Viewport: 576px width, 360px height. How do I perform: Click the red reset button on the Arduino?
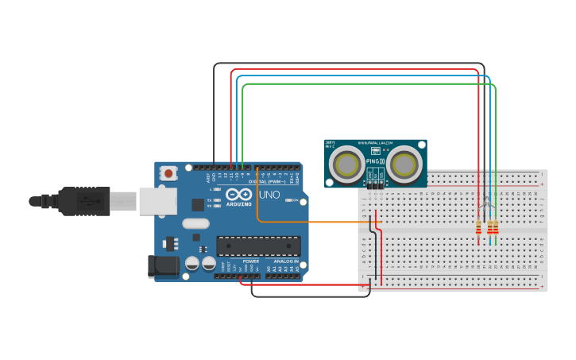click(168, 172)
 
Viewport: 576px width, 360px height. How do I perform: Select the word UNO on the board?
click(270, 195)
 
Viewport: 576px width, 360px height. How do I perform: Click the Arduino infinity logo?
click(238, 194)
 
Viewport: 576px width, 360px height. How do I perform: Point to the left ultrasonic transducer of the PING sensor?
click(346, 164)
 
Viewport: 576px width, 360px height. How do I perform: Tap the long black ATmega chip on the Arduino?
click(259, 246)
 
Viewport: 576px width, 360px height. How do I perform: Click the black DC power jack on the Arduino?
click(164, 267)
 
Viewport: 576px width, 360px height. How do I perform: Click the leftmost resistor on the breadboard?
click(478, 230)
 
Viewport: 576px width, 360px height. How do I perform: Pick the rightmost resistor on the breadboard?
click(496, 230)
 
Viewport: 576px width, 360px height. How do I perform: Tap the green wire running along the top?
click(365, 84)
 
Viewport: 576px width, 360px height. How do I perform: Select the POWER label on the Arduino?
click(250, 261)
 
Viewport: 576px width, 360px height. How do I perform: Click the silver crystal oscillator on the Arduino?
click(195, 224)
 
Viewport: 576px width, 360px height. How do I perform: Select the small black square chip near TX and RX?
click(197, 204)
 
